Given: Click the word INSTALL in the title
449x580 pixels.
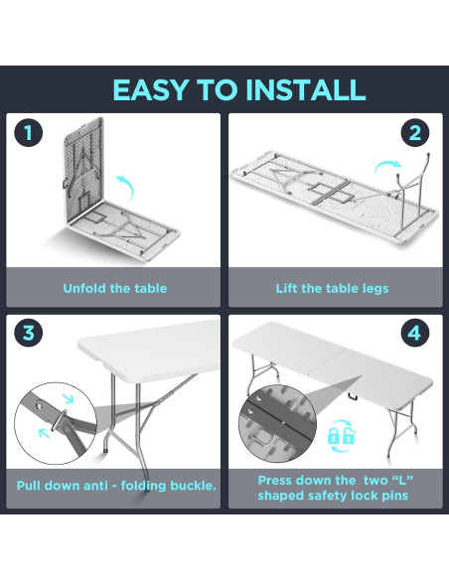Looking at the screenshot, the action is (x=306, y=89).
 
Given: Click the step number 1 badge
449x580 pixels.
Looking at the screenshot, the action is (x=29, y=132).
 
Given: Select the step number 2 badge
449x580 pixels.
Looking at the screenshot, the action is (x=415, y=132).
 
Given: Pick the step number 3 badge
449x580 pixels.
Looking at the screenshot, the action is (x=29, y=333).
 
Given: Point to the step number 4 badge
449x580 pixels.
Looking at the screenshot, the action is (x=415, y=333).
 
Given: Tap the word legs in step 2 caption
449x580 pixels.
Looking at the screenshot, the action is (x=376, y=289).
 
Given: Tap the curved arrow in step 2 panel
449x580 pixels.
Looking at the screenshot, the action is (x=387, y=167).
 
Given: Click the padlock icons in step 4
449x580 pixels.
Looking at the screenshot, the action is (x=342, y=436).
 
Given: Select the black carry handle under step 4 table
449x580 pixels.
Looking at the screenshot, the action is (x=354, y=396).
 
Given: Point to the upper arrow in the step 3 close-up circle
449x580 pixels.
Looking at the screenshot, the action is (x=69, y=398).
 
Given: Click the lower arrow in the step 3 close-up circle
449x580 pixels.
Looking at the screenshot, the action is (x=45, y=432).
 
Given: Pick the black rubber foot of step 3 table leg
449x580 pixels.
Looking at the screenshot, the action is (x=107, y=452).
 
